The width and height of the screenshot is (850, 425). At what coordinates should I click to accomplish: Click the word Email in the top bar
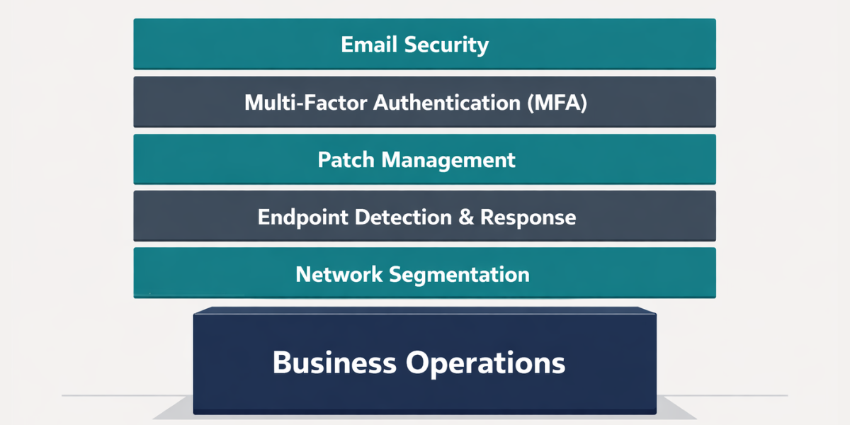coord(370,45)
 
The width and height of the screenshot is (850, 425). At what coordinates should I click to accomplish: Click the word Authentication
coord(448,103)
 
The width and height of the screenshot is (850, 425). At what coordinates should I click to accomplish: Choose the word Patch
coord(346,159)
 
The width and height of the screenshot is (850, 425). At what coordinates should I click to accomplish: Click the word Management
coord(448,160)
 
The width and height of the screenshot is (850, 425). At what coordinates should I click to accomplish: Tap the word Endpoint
coord(302,217)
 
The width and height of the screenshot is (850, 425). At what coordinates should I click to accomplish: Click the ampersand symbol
coord(466,217)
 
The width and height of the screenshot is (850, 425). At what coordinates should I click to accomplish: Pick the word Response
coord(528,217)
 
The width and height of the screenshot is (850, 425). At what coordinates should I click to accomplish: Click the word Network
coord(340,273)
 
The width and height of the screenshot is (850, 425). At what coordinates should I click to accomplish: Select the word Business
coord(334,363)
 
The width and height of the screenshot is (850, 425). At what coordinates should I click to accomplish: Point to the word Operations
coord(486,363)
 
